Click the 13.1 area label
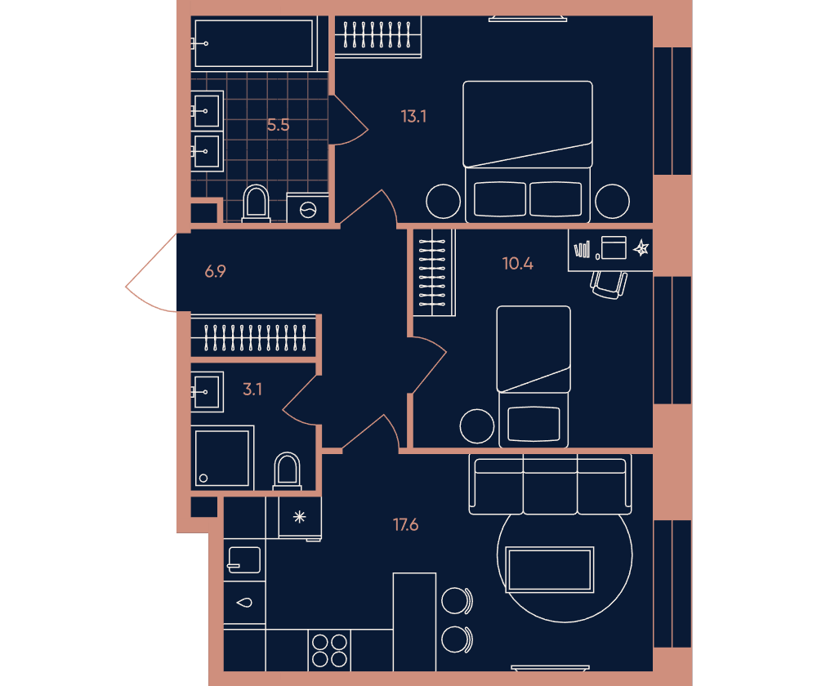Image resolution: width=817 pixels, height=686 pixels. coord(413,116)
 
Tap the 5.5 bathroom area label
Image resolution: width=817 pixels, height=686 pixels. coord(278,125)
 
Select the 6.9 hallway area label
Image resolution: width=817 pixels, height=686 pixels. coord(215,271)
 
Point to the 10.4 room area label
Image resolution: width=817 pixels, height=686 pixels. coord(517,264)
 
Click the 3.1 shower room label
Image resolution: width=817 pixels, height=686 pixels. coord(252,389)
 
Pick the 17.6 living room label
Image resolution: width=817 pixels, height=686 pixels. coord(405,524)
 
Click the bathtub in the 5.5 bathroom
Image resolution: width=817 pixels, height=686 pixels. coord(254,44)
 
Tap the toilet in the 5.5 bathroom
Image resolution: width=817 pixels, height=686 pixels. coord(256,203)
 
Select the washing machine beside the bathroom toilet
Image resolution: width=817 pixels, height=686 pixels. coord(307,208)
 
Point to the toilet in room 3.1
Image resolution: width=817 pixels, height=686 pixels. coord(287,470)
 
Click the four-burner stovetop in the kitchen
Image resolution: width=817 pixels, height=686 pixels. coord(329,650)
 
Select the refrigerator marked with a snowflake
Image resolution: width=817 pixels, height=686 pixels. coord(300,518)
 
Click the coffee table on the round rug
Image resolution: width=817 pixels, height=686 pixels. coord(550,569)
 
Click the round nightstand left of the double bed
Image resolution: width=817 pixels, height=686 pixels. coord(443,201)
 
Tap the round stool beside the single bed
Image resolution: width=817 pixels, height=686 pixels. coord(477,426)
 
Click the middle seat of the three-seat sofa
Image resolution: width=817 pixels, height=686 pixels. coord(550,484)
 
